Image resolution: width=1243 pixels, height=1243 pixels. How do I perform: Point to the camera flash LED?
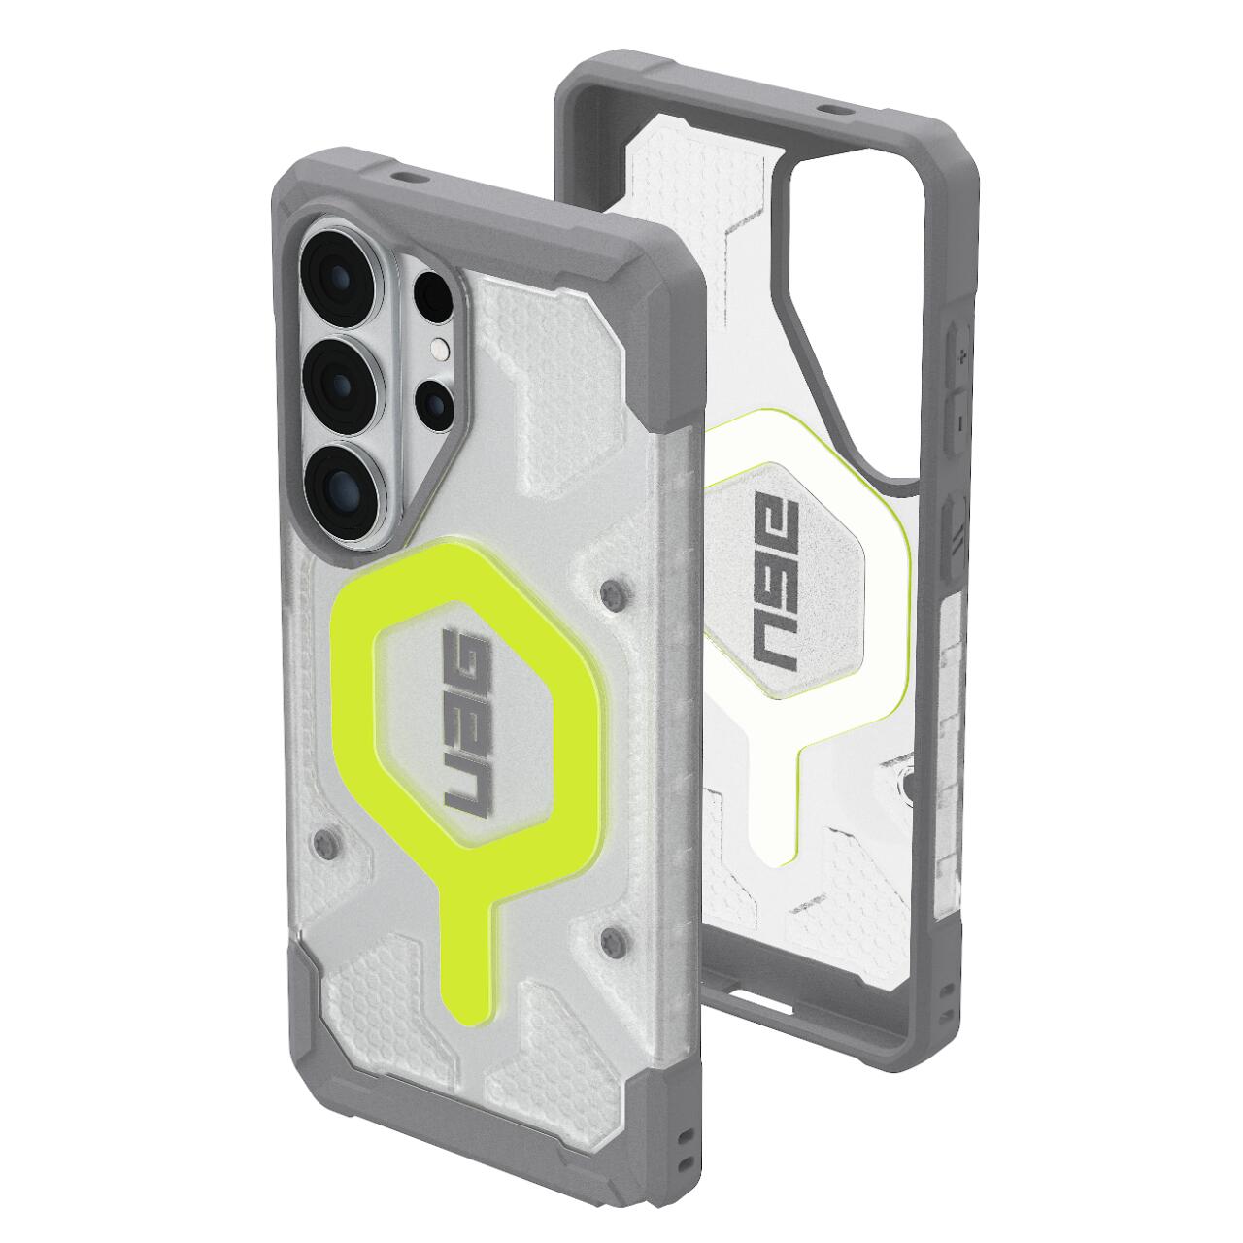440,349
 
